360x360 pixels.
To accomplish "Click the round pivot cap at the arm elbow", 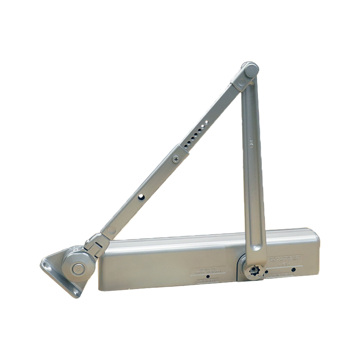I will point(250,70).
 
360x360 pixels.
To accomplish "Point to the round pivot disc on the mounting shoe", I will point(77,269).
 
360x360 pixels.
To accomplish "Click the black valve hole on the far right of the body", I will point(293,270).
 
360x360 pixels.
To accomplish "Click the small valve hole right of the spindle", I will point(267,271).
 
